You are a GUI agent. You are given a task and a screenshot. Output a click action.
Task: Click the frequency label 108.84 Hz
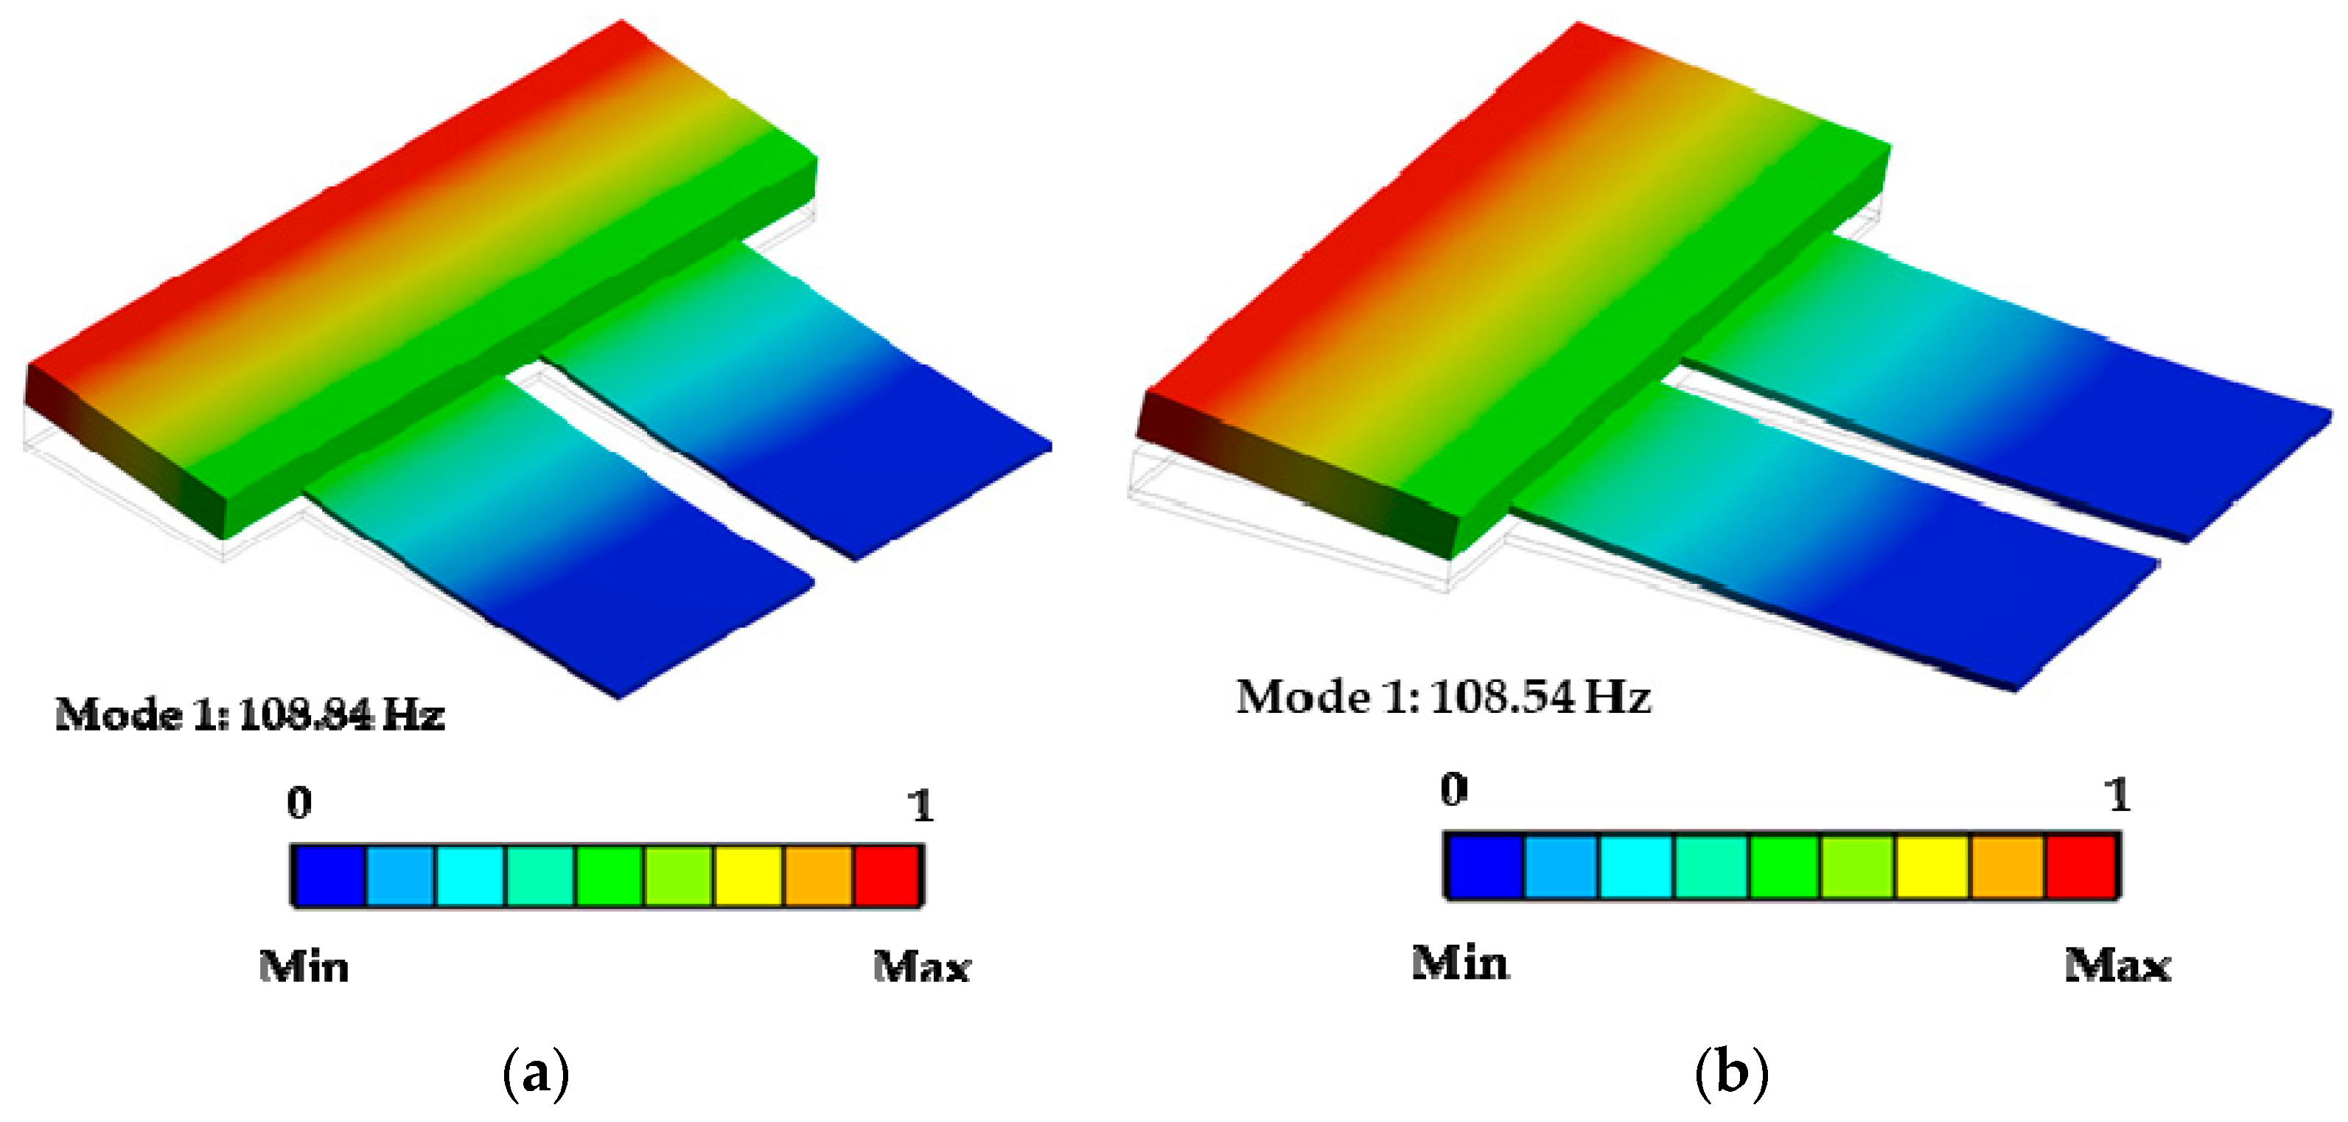(342, 714)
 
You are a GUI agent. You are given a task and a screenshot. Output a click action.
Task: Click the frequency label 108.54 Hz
(1541, 698)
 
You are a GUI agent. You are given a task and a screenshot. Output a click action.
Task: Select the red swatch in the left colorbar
(887, 876)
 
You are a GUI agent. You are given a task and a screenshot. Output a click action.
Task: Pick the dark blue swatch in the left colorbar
(329, 876)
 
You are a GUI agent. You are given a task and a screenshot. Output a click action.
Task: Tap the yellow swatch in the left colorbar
(748, 876)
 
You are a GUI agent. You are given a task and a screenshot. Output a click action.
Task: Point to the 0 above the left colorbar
(299, 803)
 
